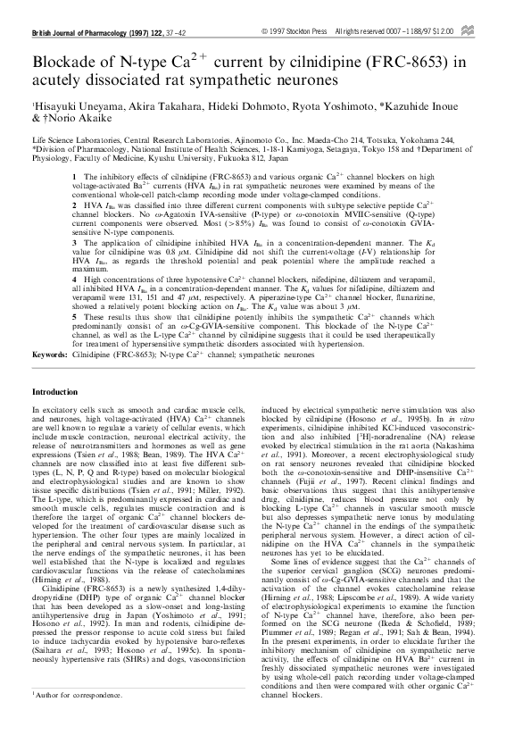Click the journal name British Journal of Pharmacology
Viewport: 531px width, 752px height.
point(79,32)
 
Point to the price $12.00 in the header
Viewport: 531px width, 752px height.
point(487,32)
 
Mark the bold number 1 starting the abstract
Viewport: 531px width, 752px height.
point(74,178)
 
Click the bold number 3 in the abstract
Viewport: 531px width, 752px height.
point(74,242)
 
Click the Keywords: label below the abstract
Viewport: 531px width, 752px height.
point(50,355)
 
